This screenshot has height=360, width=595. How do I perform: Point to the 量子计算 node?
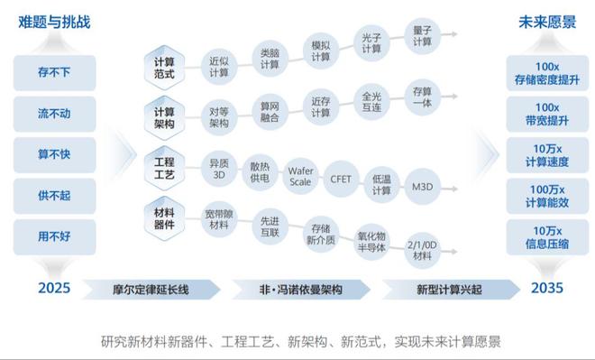(x=423, y=35)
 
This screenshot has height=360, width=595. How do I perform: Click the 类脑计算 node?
(x=270, y=58)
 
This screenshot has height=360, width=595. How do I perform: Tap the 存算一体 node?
(x=423, y=97)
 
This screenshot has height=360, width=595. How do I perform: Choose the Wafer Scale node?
(x=299, y=173)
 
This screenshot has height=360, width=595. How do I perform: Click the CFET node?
(x=341, y=178)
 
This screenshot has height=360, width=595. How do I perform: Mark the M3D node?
(x=423, y=185)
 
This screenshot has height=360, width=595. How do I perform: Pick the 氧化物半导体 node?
(x=372, y=241)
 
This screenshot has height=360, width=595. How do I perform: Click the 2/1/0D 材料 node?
(x=422, y=250)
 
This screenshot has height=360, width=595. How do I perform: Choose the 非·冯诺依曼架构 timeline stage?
(x=300, y=289)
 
